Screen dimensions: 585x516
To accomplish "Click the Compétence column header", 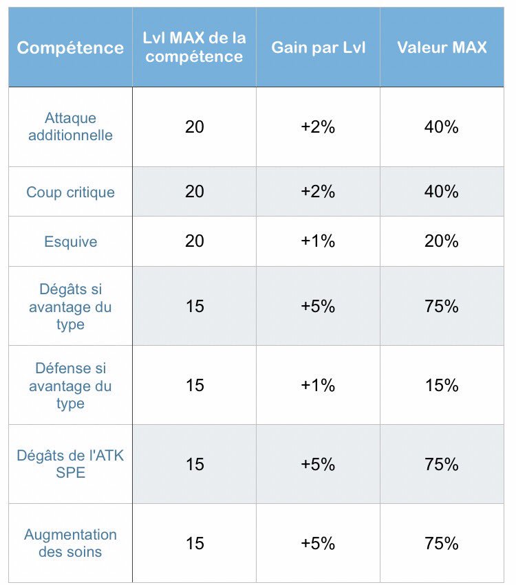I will point(70,47).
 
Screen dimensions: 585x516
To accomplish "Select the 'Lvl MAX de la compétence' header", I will point(194,47).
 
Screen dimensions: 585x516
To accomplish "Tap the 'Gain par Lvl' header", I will point(318,47).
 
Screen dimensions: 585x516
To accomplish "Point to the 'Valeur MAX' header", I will point(442,47).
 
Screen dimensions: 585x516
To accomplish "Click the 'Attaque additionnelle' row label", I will point(70,127).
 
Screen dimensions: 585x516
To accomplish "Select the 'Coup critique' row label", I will point(70,192).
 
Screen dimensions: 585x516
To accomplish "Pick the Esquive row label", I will point(70,242).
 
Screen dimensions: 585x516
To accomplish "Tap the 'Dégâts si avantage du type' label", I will point(70,307).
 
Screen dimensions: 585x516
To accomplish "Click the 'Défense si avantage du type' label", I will point(70,386).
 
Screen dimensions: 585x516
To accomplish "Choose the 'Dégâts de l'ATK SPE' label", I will point(70,464).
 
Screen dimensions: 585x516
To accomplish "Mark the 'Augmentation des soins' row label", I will point(70,543).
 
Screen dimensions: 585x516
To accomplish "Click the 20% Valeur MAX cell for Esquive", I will point(442,242).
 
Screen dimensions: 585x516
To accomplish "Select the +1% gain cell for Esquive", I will point(318,242).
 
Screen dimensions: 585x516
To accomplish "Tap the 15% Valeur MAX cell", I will point(442,386).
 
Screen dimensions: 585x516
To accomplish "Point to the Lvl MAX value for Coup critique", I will point(195,192).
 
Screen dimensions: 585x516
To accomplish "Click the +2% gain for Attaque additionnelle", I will point(318,127).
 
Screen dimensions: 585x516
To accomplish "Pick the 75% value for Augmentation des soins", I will point(442,543).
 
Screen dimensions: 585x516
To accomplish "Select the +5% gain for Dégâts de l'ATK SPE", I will point(318,464).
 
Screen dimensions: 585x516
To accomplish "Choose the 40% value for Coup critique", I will point(442,192).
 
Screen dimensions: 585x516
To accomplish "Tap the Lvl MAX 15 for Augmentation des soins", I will point(195,543).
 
